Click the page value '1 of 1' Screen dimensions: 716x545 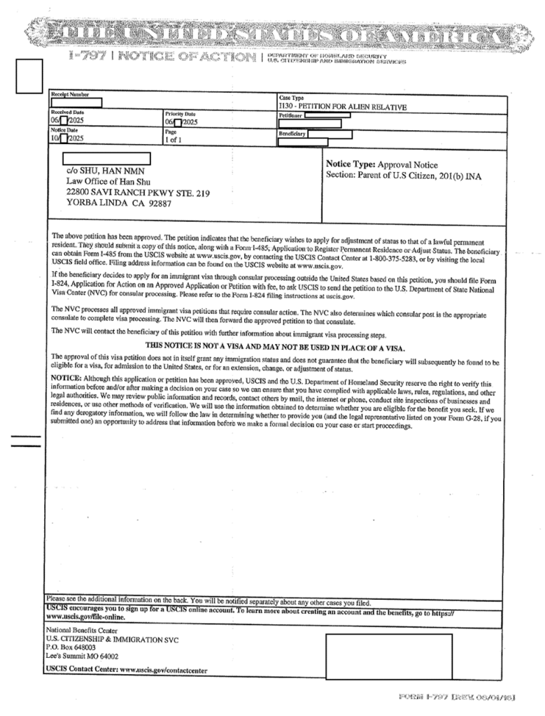(x=174, y=140)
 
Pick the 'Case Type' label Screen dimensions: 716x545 (x=291, y=98)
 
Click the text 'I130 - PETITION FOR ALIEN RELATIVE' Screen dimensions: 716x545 (x=342, y=107)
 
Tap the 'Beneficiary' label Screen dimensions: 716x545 (x=292, y=133)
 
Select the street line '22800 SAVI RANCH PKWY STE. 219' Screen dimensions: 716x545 (x=138, y=192)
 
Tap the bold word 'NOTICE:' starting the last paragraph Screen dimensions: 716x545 (x=67, y=377)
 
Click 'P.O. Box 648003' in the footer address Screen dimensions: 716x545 (x=69, y=647)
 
